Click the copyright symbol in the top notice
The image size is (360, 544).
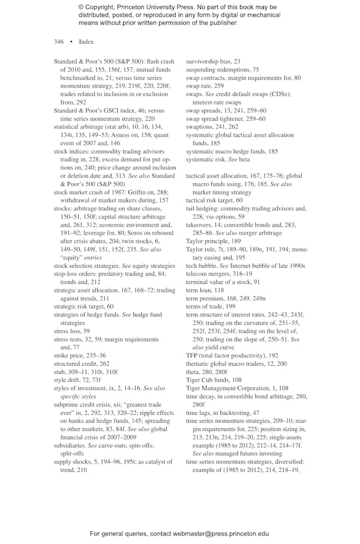80,7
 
